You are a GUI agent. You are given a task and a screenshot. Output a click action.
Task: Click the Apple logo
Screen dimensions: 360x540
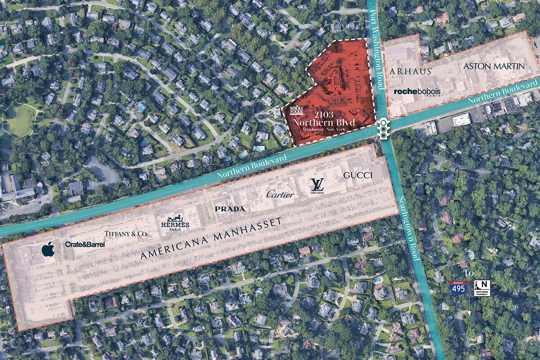(48, 249)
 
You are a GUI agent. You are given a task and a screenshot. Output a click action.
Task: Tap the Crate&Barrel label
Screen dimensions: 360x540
(85, 244)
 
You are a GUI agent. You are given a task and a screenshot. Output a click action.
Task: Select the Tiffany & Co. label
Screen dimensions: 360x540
(126, 234)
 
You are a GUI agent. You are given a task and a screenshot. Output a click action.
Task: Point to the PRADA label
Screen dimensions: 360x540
(230, 209)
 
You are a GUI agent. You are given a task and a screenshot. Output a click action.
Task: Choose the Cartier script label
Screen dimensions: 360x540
(280, 194)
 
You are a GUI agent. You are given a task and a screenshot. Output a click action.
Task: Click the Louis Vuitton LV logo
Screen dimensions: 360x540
(317, 185)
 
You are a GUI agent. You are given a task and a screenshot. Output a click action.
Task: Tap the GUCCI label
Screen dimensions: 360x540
(358, 175)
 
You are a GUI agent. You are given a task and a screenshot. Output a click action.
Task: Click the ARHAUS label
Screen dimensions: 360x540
(411, 71)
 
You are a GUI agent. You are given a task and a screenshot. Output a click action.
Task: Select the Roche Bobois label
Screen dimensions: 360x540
(417, 91)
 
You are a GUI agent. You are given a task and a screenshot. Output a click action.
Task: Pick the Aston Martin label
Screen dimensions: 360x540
(494, 66)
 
